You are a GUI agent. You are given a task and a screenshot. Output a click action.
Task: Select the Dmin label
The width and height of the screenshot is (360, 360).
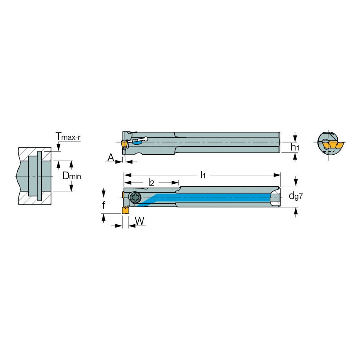[72, 175]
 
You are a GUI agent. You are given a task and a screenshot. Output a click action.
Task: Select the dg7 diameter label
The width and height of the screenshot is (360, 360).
[295, 196]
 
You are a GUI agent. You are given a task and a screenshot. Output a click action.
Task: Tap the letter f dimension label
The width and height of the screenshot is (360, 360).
[104, 206]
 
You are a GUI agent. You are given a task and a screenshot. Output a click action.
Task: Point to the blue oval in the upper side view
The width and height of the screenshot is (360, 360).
[137, 143]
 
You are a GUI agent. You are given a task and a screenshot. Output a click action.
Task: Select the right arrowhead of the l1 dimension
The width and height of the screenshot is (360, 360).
[277, 175]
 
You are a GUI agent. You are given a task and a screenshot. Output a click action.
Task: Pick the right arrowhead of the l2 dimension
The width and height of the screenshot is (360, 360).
[177, 183]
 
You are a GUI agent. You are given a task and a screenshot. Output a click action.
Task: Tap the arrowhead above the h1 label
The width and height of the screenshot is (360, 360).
[295, 137]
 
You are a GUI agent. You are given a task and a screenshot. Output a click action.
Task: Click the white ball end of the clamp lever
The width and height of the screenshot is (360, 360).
[145, 139]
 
